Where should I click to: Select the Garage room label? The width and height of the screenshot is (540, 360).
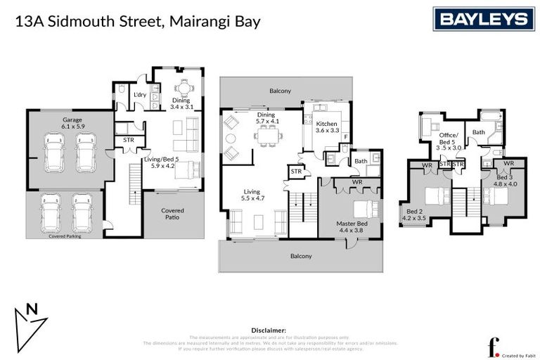pos(72,124)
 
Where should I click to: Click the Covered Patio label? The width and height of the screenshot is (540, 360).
pos(173,214)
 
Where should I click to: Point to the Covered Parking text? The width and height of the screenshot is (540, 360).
pos(65,236)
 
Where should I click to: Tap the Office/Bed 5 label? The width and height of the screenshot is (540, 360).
pos(449,141)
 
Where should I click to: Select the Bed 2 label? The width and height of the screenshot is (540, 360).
pos(416,214)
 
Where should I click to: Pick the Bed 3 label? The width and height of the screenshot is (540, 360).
pos(504,179)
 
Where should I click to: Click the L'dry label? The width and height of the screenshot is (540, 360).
pos(139,94)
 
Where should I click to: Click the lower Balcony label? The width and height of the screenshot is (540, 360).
pos(301,256)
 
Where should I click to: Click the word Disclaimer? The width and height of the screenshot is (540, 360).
pos(269,329)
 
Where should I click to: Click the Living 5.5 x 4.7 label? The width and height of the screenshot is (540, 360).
pos(252,195)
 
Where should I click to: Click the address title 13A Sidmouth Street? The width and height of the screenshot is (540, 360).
pos(138,21)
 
